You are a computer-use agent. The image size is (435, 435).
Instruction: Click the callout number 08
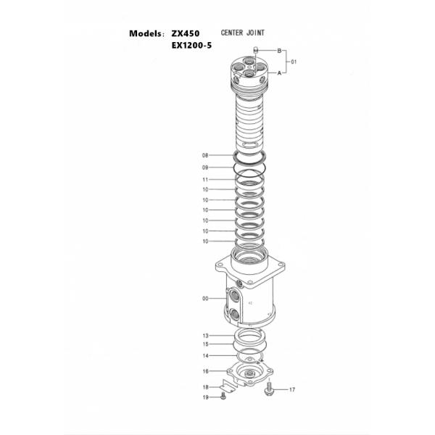pyautogui.click(x=205, y=155)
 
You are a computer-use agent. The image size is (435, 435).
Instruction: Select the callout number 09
pyautogui.click(x=205, y=167)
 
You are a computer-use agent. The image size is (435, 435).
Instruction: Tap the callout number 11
pyautogui.click(x=205, y=179)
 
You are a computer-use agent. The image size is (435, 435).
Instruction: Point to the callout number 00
pyautogui.click(x=205, y=298)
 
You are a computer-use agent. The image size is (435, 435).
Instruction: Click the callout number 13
pyautogui.click(x=205, y=335)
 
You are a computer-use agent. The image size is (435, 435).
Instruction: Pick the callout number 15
pyautogui.click(x=205, y=344)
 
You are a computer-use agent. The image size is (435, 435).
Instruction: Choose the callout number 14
pyautogui.click(x=205, y=356)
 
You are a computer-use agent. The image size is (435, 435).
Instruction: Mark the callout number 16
pyautogui.click(x=205, y=371)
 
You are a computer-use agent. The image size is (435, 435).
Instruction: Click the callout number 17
pyautogui.click(x=292, y=390)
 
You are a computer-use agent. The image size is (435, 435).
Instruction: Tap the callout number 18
pyautogui.click(x=205, y=387)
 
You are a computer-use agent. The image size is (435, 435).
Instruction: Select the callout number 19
pyautogui.click(x=205, y=397)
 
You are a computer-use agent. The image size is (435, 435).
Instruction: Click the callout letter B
pyautogui.click(x=278, y=50)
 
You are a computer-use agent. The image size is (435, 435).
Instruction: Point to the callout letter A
pyautogui.click(x=278, y=73)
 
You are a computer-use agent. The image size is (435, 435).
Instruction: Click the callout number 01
pyautogui.click(x=294, y=62)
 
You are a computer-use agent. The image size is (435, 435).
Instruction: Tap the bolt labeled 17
pyautogui.click(x=270, y=389)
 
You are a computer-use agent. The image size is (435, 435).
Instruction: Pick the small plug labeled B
pyautogui.click(x=255, y=50)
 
